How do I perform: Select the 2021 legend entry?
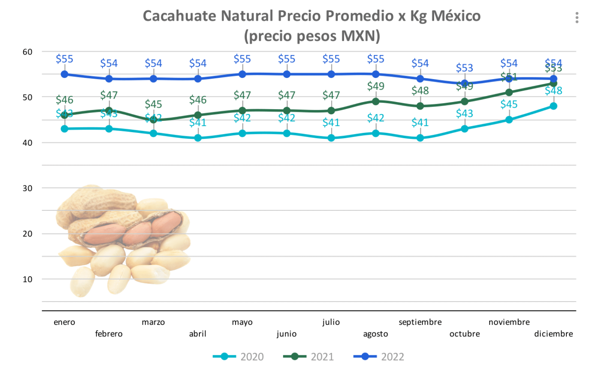pyautogui.click(x=308, y=357)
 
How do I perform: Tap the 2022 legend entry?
pyautogui.click(x=379, y=357)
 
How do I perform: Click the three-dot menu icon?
pyautogui.click(x=577, y=18)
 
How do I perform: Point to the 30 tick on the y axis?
pyautogui.click(x=28, y=188)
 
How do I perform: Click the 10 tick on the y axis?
pyautogui.click(x=28, y=279)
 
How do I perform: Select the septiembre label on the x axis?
pyautogui.click(x=420, y=322)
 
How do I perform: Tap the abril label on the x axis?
pyautogui.click(x=198, y=334)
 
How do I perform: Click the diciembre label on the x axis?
pyautogui.click(x=553, y=334)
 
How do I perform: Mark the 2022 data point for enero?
pyautogui.click(x=65, y=74)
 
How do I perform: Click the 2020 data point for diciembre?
pyautogui.click(x=553, y=106)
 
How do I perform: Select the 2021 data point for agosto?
pyautogui.click(x=376, y=102)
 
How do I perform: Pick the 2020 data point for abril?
pyautogui.click(x=198, y=138)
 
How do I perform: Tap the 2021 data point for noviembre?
pyautogui.click(x=509, y=92)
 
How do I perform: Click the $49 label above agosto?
pyautogui.click(x=376, y=86)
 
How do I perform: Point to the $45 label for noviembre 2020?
pyautogui.click(x=509, y=105)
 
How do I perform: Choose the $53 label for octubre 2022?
pyautogui.click(x=464, y=68)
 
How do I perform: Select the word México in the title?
pyautogui.click(x=456, y=16)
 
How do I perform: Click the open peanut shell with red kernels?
pyautogui.click(x=134, y=230)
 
